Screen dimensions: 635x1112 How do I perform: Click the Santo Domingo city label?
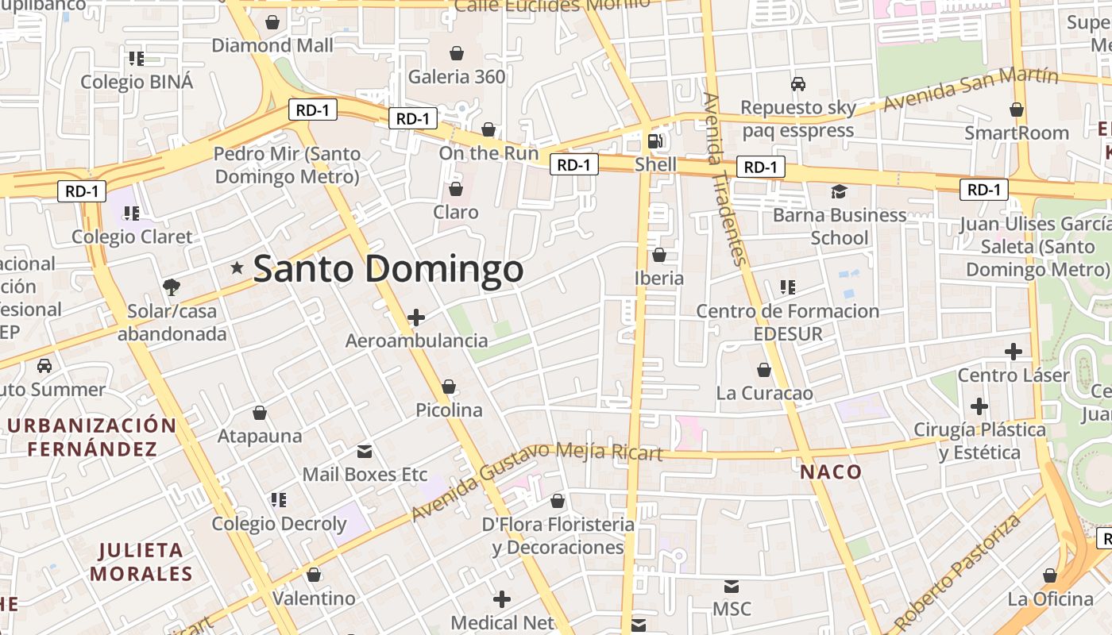(388, 269)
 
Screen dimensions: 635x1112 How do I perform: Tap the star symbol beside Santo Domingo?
(237, 268)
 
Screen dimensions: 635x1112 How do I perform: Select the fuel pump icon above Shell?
(655, 141)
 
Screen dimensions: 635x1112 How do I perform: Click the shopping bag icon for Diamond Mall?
(272, 22)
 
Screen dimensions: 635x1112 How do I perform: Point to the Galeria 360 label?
(457, 77)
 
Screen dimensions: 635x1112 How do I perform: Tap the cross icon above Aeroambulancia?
(415, 318)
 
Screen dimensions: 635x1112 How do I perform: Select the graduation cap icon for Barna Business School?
(839, 191)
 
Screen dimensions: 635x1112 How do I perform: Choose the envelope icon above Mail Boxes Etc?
(365, 452)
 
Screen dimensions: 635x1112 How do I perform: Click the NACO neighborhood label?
(831, 472)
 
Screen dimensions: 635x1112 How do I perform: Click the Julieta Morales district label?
(141, 561)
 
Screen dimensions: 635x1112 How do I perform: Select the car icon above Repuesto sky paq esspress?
(798, 83)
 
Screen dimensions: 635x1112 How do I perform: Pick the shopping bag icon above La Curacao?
(764, 370)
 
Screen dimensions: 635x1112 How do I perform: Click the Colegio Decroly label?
(279, 524)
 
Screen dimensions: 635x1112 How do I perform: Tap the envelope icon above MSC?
(732, 587)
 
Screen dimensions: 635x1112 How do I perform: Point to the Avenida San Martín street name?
(971, 90)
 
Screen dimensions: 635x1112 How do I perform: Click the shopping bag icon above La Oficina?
(1050, 575)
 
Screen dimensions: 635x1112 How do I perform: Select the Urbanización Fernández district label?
(92, 437)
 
